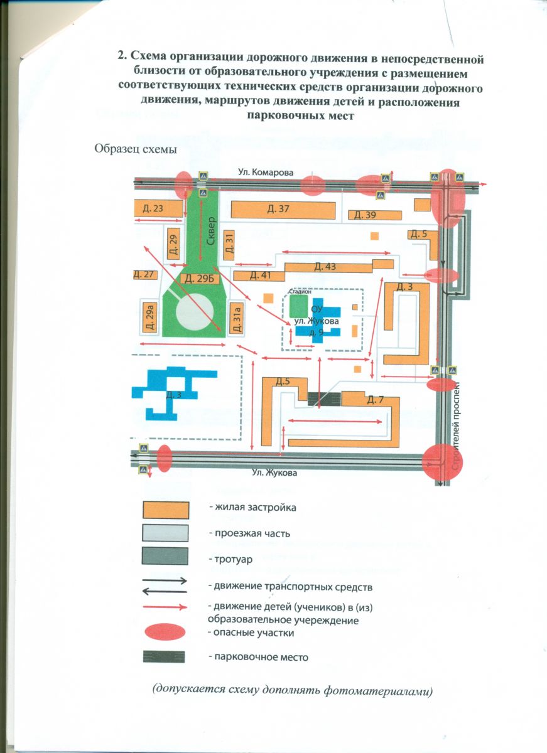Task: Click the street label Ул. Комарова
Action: click(265, 171)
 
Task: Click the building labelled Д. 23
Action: click(154, 208)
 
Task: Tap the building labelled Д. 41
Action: click(260, 275)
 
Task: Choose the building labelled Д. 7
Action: click(376, 400)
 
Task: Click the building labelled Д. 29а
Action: click(150, 318)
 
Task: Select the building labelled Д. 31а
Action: click(237, 317)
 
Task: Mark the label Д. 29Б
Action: click(195, 278)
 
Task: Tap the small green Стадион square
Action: click(299, 306)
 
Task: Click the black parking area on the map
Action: click(325, 398)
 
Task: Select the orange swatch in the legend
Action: click(166, 509)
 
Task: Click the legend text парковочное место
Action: click(259, 657)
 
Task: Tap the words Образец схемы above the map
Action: click(135, 149)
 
